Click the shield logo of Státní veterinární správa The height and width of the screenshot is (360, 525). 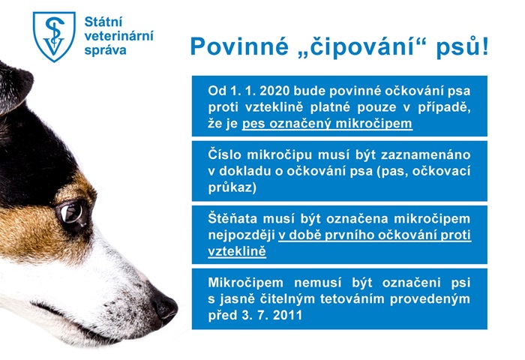(54, 35)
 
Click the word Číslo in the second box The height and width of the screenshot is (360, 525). (226, 154)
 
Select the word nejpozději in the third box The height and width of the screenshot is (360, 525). (240, 235)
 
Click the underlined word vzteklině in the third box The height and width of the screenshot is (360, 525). (236, 251)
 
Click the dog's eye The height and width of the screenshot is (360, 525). (73, 213)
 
